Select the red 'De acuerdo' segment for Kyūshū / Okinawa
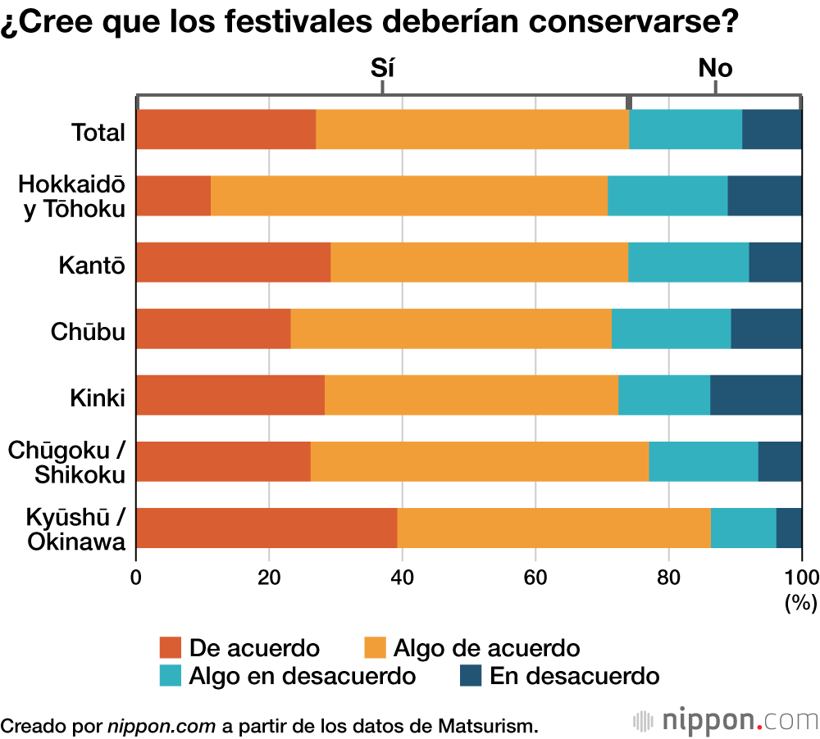[266, 528]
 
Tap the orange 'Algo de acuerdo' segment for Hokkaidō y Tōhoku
[409, 196]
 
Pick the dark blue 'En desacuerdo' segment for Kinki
[756, 395]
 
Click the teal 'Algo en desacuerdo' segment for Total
[686, 129]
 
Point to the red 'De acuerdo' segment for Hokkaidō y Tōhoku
[174, 196]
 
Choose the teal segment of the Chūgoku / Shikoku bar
[704, 461]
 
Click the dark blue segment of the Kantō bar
[775, 262]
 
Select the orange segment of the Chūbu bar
[451, 329]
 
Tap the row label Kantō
[92, 265]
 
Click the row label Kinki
[98, 398]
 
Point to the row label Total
[98, 132]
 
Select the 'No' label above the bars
[715, 68]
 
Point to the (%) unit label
[800, 604]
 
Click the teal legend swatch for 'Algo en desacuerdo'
[170, 676]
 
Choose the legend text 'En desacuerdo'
[574, 676]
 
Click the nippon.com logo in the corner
[726, 721]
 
